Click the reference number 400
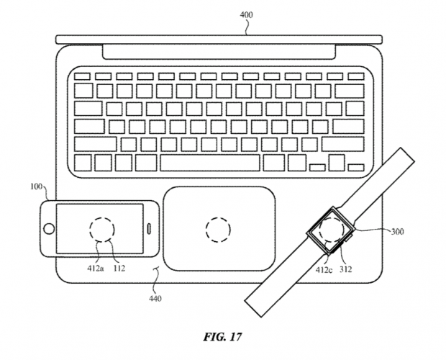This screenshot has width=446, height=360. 246,15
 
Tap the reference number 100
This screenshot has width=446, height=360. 36,186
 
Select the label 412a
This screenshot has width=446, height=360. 95,268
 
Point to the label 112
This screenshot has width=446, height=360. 119,268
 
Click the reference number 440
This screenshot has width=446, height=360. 155,299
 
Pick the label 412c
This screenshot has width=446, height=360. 324,269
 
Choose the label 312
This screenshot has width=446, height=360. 345,269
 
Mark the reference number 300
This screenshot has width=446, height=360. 397,232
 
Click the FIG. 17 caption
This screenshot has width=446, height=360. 222,337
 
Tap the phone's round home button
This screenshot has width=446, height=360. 49,229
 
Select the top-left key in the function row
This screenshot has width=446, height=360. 82,76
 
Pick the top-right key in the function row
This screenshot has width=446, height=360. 356,76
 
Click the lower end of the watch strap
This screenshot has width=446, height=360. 253,309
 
